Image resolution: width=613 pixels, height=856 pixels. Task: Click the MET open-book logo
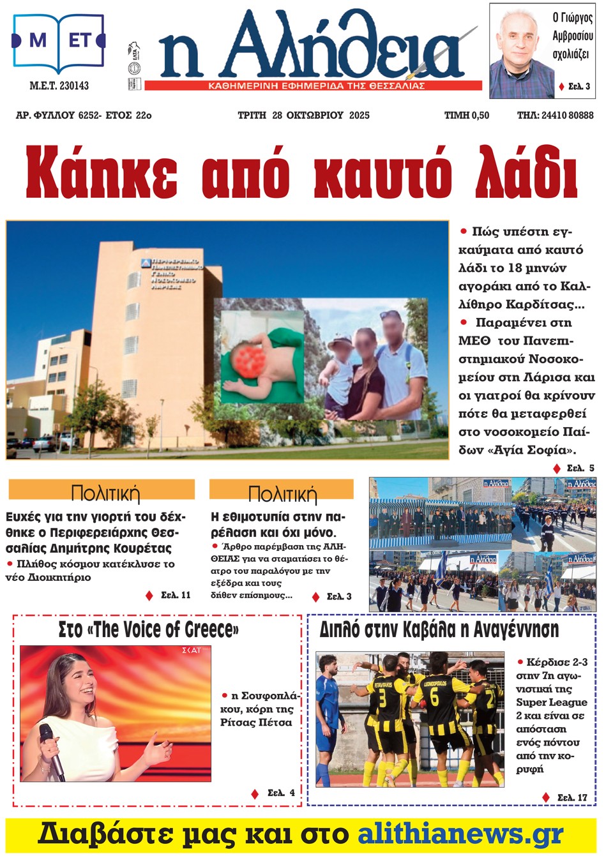coord(58,41)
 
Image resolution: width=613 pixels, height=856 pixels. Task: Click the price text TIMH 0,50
coord(467,116)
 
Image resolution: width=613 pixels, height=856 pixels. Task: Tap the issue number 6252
coord(89,116)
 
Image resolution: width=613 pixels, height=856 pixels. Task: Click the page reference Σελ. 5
coord(580,468)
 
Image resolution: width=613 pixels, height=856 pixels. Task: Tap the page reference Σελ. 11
coord(175,595)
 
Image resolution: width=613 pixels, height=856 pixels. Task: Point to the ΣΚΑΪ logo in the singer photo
coord(191,650)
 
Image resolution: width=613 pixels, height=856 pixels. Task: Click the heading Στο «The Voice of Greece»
coord(148,630)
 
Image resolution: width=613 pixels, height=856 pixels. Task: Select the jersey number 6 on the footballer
coord(434,698)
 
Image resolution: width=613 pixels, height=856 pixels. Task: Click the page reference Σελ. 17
coord(571,797)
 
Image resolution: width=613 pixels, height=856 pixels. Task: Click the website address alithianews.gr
coord(460,834)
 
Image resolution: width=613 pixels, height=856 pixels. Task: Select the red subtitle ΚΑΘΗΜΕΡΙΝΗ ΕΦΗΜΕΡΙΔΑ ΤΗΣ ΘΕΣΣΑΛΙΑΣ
coord(317,86)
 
